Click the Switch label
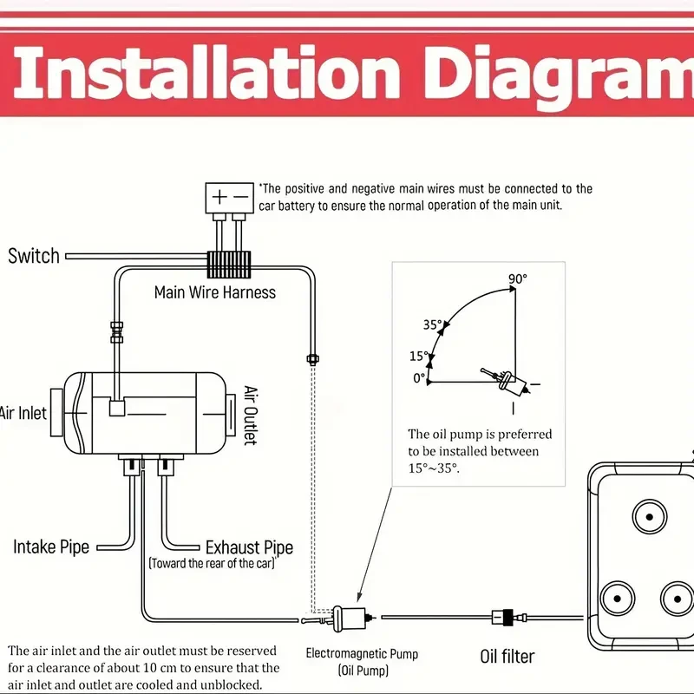point(34,256)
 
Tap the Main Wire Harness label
point(215,291)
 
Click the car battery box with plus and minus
point(229,197)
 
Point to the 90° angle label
point(518,278)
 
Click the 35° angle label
point(432,325)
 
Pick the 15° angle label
point(419,357)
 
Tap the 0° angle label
point(419,378)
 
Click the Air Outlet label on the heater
point(251,415)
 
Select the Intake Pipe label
point(51,547)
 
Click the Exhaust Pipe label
point(249,547)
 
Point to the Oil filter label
point(507,657)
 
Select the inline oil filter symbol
point(504,617)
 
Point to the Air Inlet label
point(23,414)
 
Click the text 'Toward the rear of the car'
point(213,564)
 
